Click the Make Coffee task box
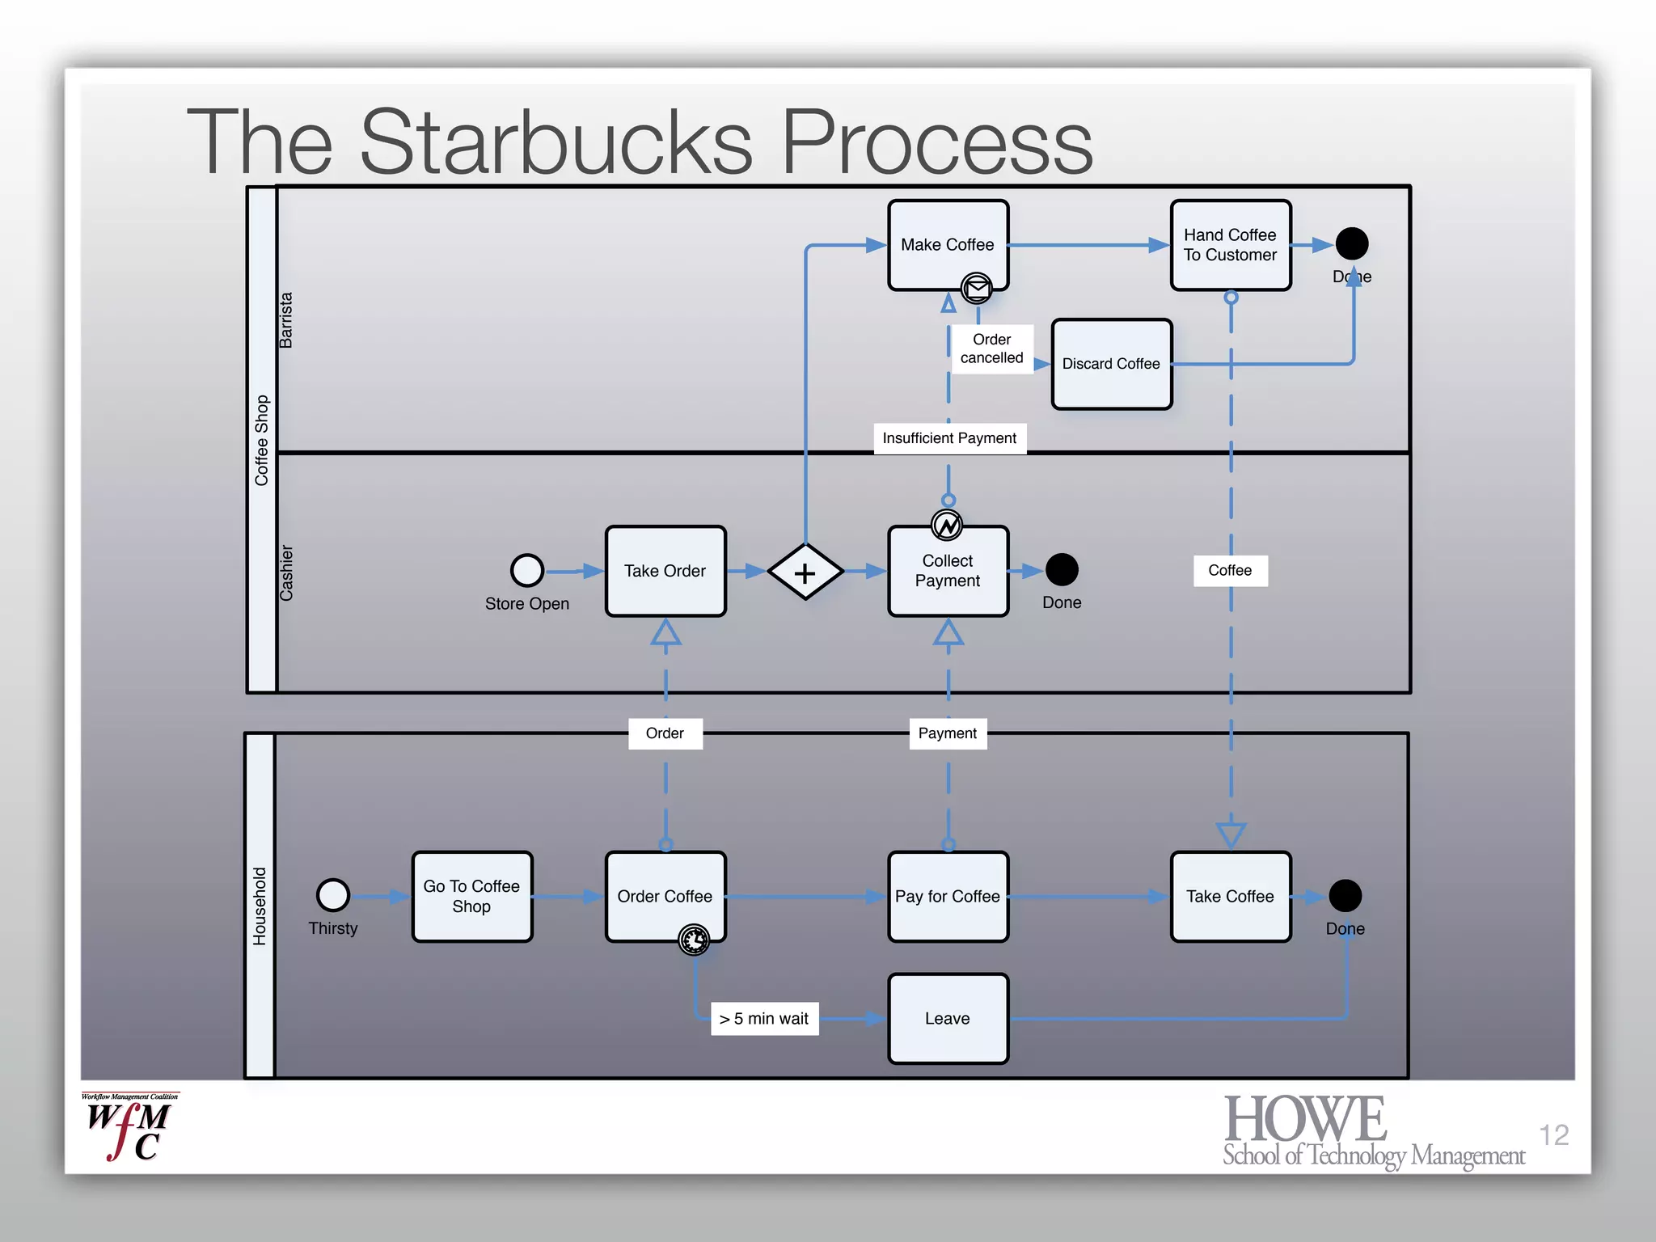click(947, 244)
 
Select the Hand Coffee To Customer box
click(1230, 244)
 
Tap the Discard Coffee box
click(1111, 364)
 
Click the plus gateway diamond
click(805, 572)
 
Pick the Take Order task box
click(665, 571)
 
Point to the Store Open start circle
click(526, 570)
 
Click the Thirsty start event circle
click(332, 895)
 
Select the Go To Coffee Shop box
click(471, 896)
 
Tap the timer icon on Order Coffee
click(694, 940)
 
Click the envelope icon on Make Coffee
click(977, 287)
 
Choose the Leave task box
click(947, 1018)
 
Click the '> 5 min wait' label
click(764, 1019)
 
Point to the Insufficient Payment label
click(949, 438)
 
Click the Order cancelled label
click(991, 349)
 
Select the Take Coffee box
click(1230, 896)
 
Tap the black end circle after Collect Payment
click(1061, 570)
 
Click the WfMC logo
click(129, 1128)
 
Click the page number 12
click(1553, 1134)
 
